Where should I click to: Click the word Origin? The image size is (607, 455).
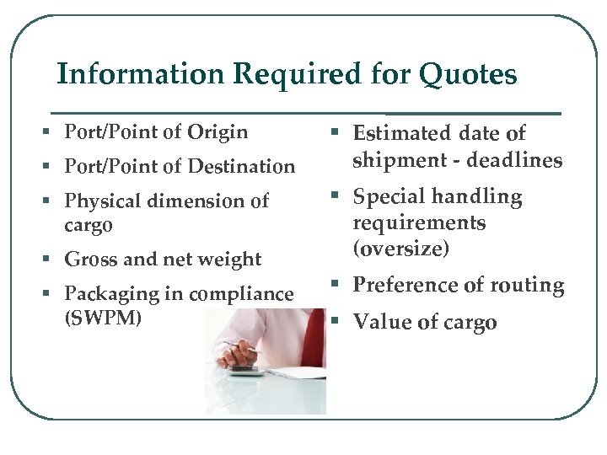(x=218, y=132)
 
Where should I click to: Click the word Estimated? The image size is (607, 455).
(x=402, y=133)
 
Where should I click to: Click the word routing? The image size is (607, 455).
(x=524, y=286)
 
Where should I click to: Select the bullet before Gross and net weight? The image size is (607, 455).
(x=53, y=260)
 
